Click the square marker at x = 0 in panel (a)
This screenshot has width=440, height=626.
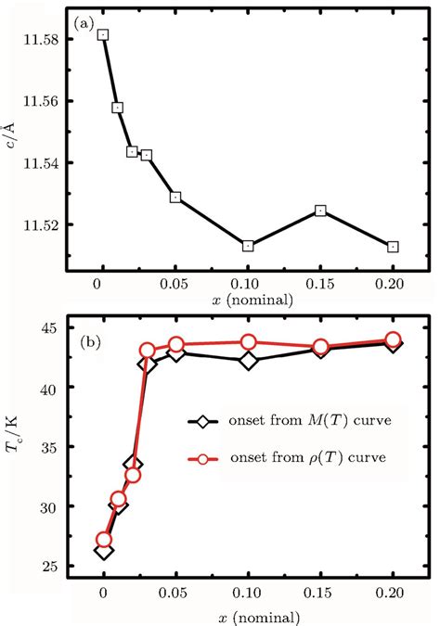103,35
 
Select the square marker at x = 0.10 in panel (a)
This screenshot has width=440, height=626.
248,246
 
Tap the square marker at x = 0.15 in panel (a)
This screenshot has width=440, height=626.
320,211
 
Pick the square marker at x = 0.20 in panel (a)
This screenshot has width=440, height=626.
393,247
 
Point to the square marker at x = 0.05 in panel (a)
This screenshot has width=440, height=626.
175,198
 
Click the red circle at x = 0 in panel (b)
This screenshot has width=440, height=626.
104,540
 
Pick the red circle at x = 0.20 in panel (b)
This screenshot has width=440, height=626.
393,339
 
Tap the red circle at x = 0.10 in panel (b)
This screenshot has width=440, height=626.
248,342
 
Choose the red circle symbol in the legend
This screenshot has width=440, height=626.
210,457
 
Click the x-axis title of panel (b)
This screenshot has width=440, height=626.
248,616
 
